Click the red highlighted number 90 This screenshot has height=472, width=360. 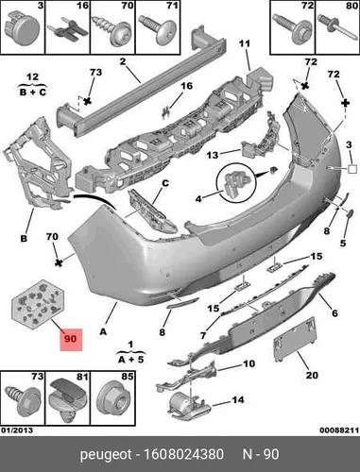[71, 339]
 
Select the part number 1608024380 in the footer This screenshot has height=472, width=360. [183, 454]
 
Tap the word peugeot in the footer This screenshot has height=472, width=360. [106, 455]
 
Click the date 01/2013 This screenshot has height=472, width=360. [17, 430]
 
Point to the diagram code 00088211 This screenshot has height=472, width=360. [339, 430]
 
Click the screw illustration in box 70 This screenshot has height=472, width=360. [112, 30]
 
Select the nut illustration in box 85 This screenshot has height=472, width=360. [113, 399]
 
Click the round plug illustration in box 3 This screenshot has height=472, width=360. [23, 28]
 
